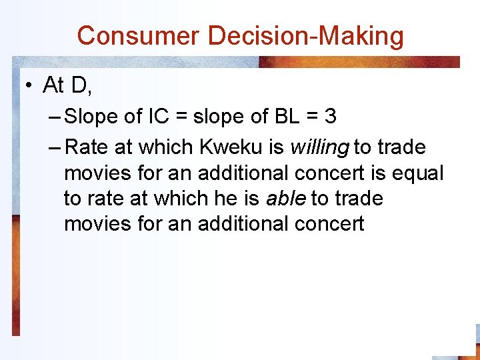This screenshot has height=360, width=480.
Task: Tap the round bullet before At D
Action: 28,85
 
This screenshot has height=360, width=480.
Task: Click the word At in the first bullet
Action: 53,85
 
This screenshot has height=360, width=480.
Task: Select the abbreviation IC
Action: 160,117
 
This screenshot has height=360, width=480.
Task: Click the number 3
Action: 330,117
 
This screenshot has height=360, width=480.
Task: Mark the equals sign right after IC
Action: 183,117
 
